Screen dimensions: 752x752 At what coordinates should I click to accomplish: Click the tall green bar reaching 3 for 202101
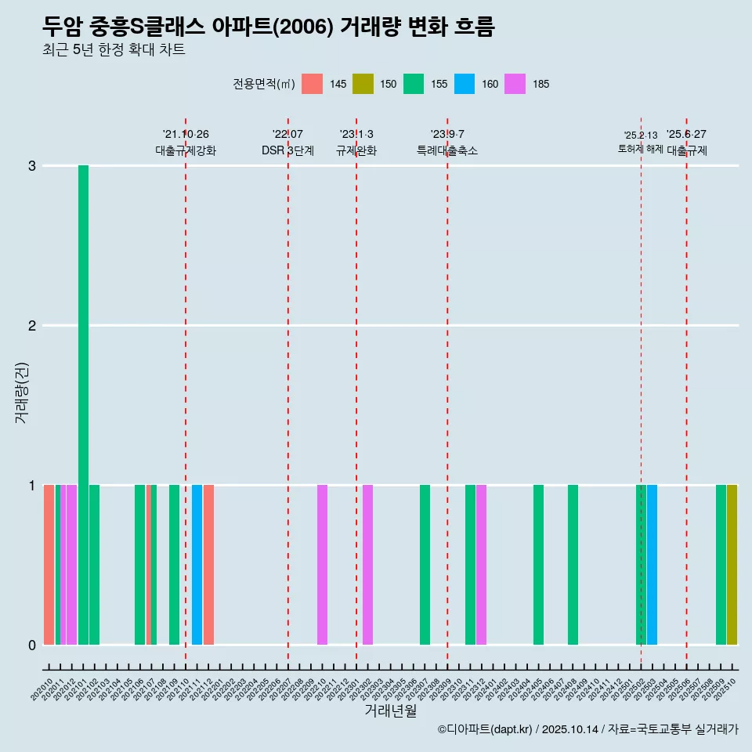[x=83, y=404]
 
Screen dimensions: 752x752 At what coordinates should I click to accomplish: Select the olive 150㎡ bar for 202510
[x=732, y=565]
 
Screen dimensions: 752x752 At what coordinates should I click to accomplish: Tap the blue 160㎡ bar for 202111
[x=197, y=565]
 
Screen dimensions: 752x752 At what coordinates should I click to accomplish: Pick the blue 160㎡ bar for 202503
[x=652, y=565]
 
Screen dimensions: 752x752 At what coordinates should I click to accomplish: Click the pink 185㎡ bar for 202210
[x=322, y=565]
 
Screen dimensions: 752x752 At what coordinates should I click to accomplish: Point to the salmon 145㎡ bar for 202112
[x=208, y=565]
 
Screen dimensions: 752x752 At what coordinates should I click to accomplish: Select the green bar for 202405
[x=538, y=565]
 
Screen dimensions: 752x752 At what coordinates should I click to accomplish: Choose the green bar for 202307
[x=425, y=565]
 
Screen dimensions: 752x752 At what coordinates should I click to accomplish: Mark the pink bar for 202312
[x=481, y=565]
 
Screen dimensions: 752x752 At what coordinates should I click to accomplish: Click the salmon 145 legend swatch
[x=312, y=84]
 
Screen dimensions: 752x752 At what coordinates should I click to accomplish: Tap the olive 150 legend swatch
[x=363, y=84]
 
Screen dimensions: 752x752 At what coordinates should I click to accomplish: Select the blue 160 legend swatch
[x=465, y=84]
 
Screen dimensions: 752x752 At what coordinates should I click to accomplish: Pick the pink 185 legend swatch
[x=515, y=84]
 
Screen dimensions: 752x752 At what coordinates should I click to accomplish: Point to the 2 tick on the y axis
[x=31, y=325]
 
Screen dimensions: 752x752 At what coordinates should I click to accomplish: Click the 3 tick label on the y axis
[x=31, y=165]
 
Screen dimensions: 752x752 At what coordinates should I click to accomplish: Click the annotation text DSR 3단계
[x=287, y=150]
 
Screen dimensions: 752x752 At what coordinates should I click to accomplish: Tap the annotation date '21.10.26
[x=186, y=135]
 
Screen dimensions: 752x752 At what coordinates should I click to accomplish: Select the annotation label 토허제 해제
[x=640, y=149]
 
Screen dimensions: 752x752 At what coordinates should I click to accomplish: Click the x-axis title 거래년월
[x=390, y=710]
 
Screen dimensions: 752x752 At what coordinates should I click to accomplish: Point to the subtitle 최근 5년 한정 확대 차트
[x=114, y=50]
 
